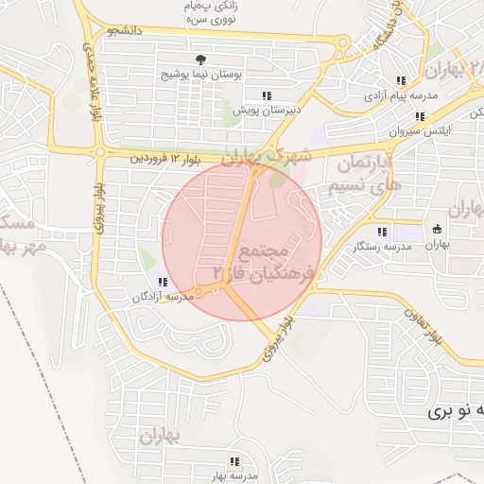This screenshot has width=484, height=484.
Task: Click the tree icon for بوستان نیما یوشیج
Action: pos(200,60)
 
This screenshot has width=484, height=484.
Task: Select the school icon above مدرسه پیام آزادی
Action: pos(402,81)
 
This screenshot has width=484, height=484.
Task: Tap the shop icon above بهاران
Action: pos(437,229)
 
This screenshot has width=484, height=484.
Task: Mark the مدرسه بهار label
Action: pos(229,475)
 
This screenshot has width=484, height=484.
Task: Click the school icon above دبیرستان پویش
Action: pos(267,95)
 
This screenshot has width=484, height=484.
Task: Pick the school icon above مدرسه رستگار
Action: pos(382,232)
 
